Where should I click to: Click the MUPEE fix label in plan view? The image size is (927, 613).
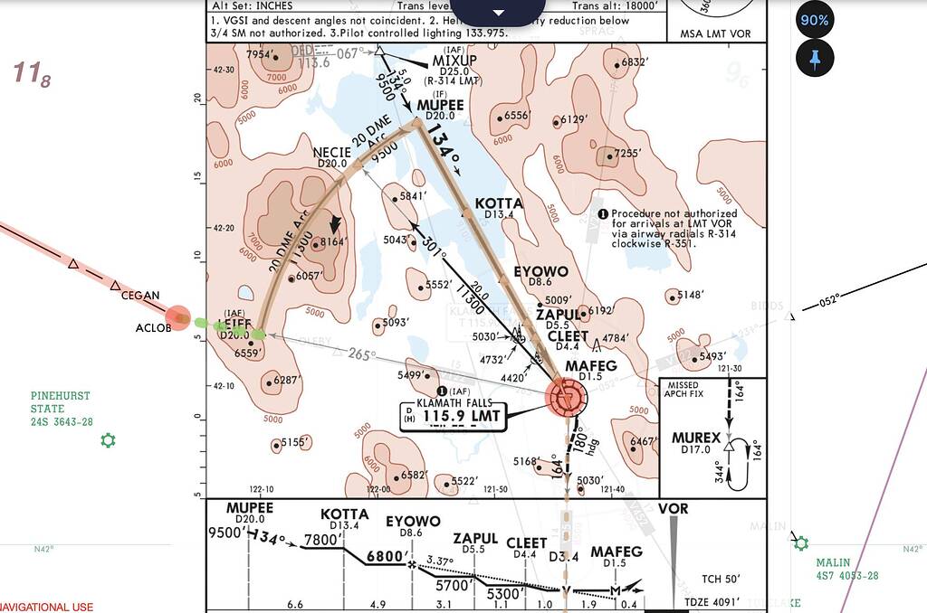[x=440, y=105]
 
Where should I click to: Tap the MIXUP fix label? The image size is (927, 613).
[x=454, y=61]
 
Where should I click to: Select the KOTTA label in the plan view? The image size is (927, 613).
[x=499, y=203]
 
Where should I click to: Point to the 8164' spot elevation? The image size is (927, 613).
[x=330, y=241]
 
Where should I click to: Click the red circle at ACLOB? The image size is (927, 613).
[x=178, y=317]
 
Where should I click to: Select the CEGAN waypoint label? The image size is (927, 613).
[x=141, y=295]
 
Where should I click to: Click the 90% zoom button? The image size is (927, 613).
[x=814, y=20]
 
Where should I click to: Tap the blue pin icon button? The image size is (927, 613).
[x=814, y=59]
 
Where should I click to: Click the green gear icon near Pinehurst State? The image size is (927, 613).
[x=109, y=441]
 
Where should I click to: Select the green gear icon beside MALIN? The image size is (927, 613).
[x=800, y=542]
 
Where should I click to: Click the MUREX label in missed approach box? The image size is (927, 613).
[x=696, y=439]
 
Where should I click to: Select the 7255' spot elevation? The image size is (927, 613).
[x=627, y=153]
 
